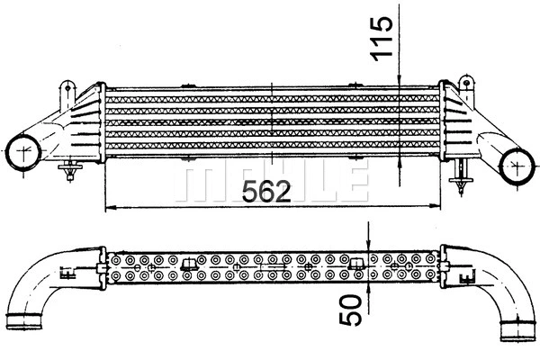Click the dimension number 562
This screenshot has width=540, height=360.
(x=265, y=191)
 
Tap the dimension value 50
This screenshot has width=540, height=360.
(x=355, y=308)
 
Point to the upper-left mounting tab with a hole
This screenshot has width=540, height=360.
(x=67, y=91)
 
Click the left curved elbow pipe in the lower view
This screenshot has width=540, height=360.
(x=36, y=279)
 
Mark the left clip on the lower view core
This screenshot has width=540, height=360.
(x=190, y=264)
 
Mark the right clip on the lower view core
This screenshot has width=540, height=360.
(x=355, y=264)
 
